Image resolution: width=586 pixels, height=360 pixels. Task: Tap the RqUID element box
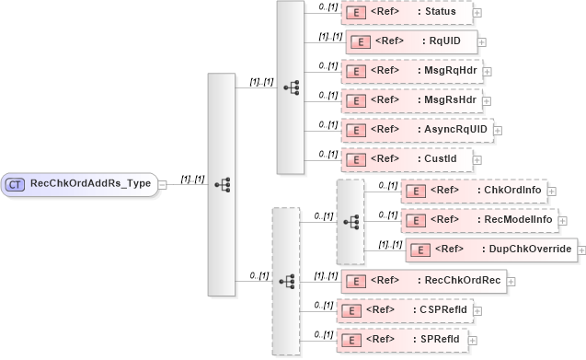(410, 41)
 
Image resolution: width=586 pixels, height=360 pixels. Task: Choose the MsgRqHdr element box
(411, 70)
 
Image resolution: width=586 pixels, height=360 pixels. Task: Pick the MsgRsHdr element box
(410, 99)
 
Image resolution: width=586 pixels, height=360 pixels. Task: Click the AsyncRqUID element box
(417, 130)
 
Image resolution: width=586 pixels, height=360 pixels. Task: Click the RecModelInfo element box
(478, 221)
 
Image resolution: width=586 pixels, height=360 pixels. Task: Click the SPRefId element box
(401, 340)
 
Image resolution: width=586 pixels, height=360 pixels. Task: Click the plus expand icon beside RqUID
(482, 42)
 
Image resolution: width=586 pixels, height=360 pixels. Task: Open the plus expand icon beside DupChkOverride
(581, 250)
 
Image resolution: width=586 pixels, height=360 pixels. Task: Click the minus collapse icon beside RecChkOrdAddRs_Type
(162, 184)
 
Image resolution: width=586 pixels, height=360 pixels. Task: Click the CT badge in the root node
(15, 184)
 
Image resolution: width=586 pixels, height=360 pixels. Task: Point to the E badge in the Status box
(352, 12)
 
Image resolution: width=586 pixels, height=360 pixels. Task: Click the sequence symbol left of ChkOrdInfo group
(350, 222)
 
